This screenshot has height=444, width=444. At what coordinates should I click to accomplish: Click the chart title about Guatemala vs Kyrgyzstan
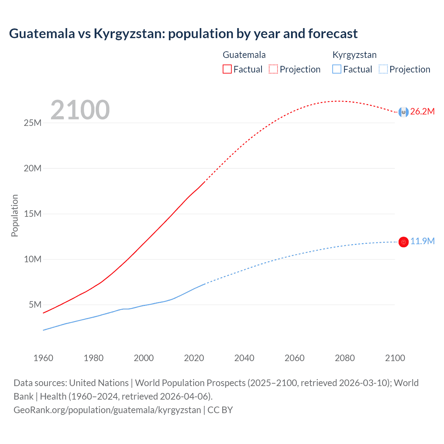(183, 34)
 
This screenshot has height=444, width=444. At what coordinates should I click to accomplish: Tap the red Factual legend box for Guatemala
(227, 69)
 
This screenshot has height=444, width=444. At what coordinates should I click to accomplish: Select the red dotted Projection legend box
(273, 69)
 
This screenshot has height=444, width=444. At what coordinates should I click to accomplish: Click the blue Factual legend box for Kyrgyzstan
(337, 69)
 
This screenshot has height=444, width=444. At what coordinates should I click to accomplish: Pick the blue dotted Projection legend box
(383, 69)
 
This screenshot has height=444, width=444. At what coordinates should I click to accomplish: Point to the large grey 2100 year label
(80, 110)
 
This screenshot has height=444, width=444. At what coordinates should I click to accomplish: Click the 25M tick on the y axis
(33, 123)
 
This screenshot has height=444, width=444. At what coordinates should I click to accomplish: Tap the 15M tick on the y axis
(33, 214)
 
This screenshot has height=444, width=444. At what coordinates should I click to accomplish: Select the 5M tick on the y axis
(35, 305)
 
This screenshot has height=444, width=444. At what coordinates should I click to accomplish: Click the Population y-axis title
(15, 215)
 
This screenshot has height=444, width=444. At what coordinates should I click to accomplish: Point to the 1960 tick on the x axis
(43, 358)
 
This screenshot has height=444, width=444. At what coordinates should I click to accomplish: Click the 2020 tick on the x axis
(194, 358)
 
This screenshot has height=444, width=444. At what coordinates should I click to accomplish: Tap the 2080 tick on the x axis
(345, 358)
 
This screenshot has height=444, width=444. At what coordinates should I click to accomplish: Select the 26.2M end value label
(422, 111)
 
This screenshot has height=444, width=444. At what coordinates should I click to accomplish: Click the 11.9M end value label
(422, 241)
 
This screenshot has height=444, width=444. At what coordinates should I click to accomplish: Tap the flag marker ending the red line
(403, 112)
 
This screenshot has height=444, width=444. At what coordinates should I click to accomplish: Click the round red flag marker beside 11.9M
(403, 242)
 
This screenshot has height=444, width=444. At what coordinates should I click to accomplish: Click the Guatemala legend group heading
(244, 55)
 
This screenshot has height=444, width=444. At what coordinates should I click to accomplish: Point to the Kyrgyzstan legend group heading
(355, 55)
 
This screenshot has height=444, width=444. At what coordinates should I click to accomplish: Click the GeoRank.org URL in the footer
(107, 410)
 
